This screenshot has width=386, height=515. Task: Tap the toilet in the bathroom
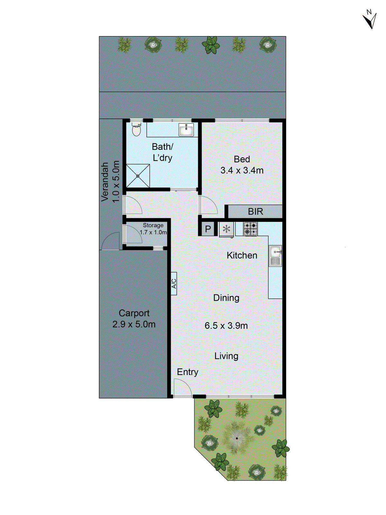[136, 130]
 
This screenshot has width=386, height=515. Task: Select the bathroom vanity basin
[186, 130]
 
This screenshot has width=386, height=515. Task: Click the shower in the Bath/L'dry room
[138, 176]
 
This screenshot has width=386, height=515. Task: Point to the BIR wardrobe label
[255, 211]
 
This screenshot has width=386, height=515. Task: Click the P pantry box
[208, 229]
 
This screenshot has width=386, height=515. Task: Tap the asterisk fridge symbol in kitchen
[227, 229]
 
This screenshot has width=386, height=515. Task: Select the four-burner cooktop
[250, 229]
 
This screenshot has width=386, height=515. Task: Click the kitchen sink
[275, 256]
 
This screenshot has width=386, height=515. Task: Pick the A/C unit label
[174, 284]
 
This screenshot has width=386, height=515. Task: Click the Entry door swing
[182, 388]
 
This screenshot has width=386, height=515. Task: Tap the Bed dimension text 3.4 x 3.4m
[242, 170]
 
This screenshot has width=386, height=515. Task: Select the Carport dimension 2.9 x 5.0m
[134, 324]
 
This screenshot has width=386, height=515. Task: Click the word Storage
[153, 225]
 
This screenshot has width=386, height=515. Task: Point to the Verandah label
[105, 182]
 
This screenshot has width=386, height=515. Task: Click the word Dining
[226, 298]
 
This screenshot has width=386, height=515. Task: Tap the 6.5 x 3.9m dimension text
[226, 325]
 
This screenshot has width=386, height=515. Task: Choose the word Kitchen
[242, 255]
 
